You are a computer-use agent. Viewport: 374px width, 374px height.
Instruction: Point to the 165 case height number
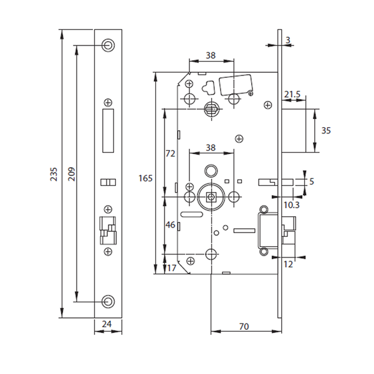(145, 178)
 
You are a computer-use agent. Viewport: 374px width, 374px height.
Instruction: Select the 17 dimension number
(171, 268)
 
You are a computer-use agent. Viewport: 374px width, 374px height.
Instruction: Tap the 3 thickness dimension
(289, 40)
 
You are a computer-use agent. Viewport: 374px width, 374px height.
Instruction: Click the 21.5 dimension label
(292, 94)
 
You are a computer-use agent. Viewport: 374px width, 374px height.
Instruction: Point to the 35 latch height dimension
(325, 130)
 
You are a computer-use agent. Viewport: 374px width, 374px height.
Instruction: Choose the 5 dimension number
(312, 181)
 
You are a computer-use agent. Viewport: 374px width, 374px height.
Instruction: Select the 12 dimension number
(289, 264)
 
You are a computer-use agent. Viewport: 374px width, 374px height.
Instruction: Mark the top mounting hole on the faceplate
(108, 45)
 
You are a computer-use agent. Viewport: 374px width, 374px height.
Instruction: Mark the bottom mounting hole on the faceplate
(108, 301)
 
